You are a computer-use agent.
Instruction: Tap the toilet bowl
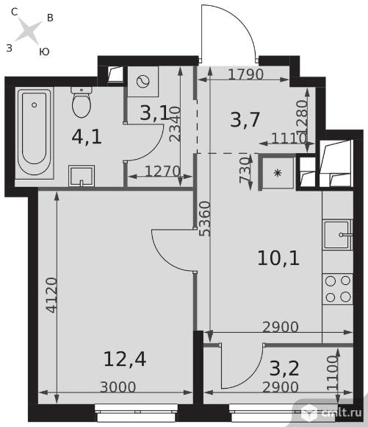point(82,102)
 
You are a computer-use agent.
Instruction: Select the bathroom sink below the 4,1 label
point(82,176)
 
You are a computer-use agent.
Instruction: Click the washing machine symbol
point(143,82)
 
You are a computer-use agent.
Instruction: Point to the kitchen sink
point(338,235)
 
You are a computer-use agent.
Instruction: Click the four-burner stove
point(338,289)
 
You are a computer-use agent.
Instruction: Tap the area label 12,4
point(125,359)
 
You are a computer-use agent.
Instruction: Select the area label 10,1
point(278,258)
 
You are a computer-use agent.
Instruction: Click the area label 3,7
point(245,119)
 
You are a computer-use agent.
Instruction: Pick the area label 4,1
point(87,137)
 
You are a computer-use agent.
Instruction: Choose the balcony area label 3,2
point(284,368)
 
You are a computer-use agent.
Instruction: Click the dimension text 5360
point(205,219)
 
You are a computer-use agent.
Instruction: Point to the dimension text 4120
point(51,295)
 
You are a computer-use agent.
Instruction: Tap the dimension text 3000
point(118,387)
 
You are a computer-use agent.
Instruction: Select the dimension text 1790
point(245,74)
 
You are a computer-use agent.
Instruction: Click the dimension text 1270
point(162,172)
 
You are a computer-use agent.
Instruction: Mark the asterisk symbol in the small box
point(278,173)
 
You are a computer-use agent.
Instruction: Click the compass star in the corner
point(29,31)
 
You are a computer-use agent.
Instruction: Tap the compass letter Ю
point(44,52)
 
